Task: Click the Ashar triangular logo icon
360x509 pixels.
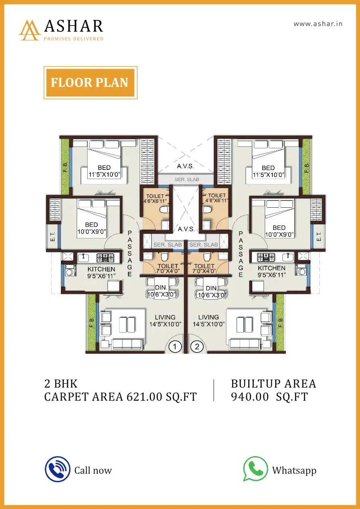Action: point(30,30)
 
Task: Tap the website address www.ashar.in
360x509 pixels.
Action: point(318,24)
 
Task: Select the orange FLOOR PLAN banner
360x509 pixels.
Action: point(90,83)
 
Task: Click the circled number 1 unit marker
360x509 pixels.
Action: point(175,347)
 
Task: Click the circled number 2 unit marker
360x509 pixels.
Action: point(197,347)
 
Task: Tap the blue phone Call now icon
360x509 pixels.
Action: point(58,469)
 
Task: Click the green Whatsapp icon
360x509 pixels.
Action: point(255,468)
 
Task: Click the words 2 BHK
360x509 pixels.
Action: point(61,384)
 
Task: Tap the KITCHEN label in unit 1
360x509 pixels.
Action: point(101,269)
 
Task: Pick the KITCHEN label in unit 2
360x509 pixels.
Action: point(272,268)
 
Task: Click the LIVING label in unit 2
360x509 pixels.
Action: point(209,317)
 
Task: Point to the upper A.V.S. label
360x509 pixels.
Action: point(186,166)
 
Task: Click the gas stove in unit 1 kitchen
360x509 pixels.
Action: point(105,257)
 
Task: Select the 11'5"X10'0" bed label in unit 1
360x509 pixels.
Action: point(105,175)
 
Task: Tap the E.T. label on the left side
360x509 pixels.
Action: point(52,236)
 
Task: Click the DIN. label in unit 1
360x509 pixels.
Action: point(161,288)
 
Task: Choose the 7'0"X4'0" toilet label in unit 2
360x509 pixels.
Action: point(204,271)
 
